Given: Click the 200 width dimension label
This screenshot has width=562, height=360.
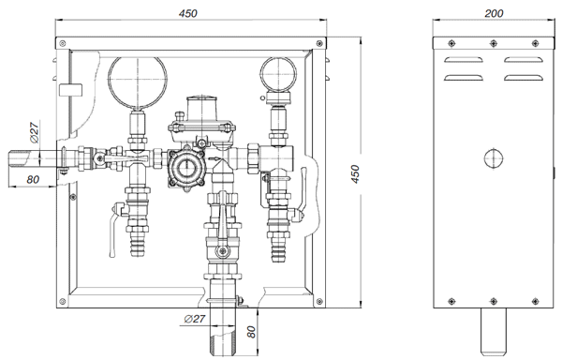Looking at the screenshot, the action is tap(494, 13).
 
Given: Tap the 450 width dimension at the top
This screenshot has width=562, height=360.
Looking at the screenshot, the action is tap(188, 13).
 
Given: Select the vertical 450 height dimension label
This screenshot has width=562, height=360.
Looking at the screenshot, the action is tap(355, 173).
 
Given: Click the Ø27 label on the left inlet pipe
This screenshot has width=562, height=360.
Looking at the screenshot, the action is tap(35, 132).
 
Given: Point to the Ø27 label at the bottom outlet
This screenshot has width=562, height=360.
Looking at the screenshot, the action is tap(195, 319).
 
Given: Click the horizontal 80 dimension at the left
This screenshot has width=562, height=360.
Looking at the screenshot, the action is tap(33, 179).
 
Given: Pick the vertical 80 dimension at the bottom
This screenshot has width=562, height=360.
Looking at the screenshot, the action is tap(252, 332).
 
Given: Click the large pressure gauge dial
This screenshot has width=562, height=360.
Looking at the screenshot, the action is tap(138, 82).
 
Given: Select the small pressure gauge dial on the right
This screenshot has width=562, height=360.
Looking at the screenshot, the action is tap(278, 75).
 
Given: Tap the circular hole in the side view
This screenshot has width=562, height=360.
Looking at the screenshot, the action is tap(494, 158).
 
